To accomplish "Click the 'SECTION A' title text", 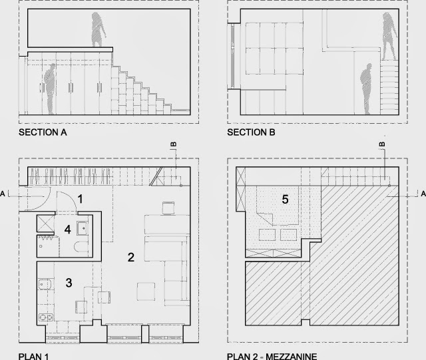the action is pos(43,132).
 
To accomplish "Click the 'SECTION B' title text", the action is pos(252,132).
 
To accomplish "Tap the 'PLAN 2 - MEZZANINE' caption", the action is pos(272,355).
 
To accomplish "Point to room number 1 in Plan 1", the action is pos(80,198).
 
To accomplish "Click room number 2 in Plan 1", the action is pos(131,256).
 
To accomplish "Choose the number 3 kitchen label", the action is pos(69,282).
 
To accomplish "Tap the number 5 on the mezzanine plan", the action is pos(286,198).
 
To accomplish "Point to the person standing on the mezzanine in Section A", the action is pos(99,31).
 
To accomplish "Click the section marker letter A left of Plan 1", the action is pos(4,193).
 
